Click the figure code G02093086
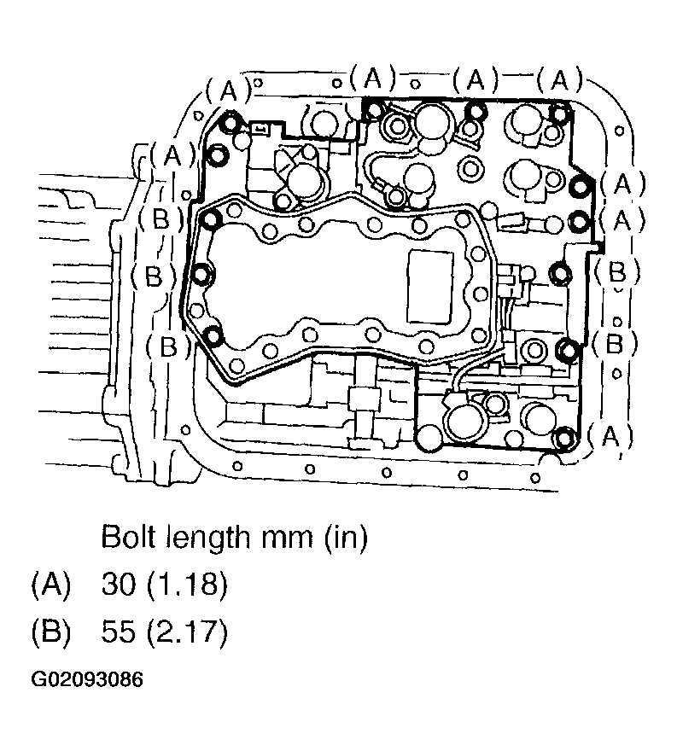86,680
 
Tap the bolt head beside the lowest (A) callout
561,440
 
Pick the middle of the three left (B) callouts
154,276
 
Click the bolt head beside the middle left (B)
202,274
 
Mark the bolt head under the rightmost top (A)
559,112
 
